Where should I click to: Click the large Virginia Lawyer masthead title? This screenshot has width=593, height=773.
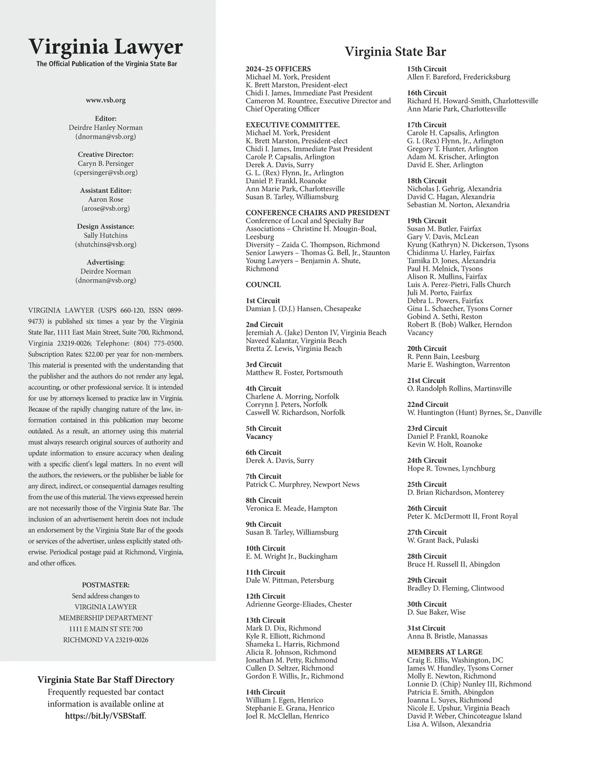106,47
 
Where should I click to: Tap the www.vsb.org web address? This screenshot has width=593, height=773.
106,100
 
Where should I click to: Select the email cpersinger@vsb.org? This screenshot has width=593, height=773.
106,172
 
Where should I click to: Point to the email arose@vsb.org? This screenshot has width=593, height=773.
106,209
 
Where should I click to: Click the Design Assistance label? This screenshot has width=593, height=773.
106,226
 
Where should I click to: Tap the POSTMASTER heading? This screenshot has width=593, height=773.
106,585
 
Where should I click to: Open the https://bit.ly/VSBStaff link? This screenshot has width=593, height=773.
106,716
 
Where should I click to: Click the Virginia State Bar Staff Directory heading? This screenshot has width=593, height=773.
106,680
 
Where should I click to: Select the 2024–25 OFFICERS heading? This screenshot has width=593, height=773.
278,69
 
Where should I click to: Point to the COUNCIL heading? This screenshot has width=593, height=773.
263,285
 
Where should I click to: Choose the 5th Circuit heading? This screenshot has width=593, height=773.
263,429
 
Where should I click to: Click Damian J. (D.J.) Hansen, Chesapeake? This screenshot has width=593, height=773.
303,309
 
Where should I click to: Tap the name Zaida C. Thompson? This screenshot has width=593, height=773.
314,245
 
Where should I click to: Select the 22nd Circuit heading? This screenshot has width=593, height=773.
427,404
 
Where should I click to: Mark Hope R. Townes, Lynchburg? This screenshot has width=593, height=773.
451,469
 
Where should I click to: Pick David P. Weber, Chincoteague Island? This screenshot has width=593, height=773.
464,716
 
